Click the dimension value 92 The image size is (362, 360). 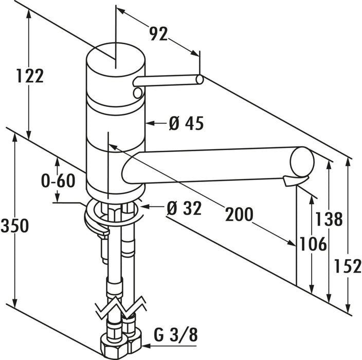[x=158, y=34]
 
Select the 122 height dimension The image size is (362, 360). [x=30, y=76]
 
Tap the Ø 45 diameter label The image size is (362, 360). [x=186, y=123]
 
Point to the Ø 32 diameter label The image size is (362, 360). [x=184, y=208]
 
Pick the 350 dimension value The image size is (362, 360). [x=14, y=226]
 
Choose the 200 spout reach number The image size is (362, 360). [x=239, y=214]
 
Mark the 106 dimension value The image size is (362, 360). [x=313, y=244]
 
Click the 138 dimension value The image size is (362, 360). [x=329, y=219]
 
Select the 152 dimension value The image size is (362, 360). [x=348, y=266]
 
